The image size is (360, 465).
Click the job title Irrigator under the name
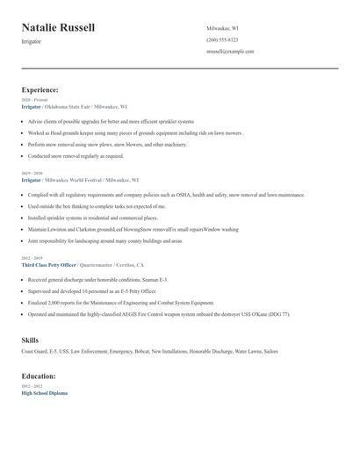click(x=31, y=41)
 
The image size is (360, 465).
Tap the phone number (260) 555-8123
click(x=222, y=39)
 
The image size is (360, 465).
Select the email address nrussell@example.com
click(x=230, y=52)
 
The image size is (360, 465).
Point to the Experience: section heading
click(x=40, y=89)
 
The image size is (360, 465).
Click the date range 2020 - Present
click(x=32, y=100)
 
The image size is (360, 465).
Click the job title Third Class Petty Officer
click(x=48, y=264)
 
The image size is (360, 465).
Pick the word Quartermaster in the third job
click(x=97, y=264)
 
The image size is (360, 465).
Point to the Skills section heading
click(x=30, y=339)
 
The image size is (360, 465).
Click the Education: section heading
click(x=39, y=376)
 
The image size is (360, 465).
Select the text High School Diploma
click(x=44, y=393)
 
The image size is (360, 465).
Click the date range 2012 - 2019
click(x=32, y=258)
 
